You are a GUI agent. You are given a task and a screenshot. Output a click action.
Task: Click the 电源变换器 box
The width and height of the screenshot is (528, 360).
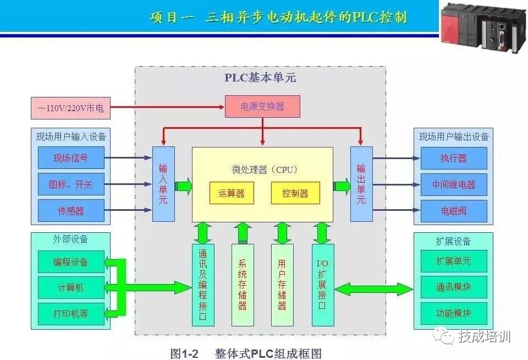(262, 106)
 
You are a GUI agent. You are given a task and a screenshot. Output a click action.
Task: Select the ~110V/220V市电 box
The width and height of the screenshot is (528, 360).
(70, 108)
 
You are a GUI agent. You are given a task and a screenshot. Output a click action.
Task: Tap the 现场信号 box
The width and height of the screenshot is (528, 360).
(70, 158)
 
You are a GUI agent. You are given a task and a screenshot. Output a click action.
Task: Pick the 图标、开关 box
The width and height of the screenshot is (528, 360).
(70, 184)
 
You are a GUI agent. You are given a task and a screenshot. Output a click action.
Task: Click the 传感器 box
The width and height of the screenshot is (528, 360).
(70, 211)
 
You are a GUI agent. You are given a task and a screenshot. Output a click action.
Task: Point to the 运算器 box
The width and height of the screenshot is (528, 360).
(232, 193)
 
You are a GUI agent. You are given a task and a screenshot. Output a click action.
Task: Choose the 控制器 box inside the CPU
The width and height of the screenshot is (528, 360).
(295, 193)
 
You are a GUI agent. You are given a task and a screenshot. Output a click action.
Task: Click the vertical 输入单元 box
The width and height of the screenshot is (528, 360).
(163, 184)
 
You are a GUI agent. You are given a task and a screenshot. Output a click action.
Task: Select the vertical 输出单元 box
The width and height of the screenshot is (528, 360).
(361, 184)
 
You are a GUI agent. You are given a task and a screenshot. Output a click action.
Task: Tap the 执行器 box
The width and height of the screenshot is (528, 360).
(454, 158)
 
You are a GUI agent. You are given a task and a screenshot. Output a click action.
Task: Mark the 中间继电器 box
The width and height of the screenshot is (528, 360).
(454, 184)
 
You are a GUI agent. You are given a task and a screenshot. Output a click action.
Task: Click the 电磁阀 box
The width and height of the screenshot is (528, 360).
(454, 211)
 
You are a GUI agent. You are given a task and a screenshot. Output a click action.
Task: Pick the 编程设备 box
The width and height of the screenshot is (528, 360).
(70, 262)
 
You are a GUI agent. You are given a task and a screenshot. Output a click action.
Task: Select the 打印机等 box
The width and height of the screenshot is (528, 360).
(70, 314)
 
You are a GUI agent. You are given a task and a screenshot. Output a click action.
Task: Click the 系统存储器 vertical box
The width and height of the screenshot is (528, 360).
(243, 285)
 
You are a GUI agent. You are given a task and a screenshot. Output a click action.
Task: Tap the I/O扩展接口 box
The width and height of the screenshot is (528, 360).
(323, 285)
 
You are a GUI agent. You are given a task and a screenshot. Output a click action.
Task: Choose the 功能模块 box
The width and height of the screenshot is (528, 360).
(454, 314)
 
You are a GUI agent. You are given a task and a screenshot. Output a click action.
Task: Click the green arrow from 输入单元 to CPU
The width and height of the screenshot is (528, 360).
(184, 186)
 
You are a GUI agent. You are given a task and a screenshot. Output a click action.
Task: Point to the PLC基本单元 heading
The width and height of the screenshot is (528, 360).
(260, 78)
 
